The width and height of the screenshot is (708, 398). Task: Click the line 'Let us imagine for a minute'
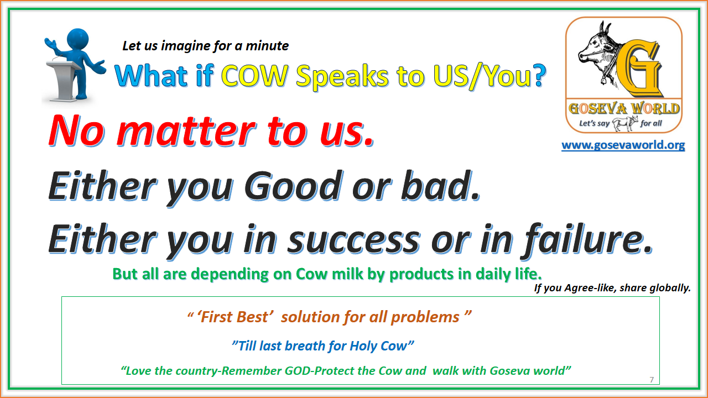(x=205, y=46)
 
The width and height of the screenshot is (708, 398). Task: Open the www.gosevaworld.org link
(x=623, y=145)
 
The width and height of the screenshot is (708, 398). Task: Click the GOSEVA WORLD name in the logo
(x=623, y=108)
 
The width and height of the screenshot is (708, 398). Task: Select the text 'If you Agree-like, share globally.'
(x=612, y=287)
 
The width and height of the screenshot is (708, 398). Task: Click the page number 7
(x=652, y=379)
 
